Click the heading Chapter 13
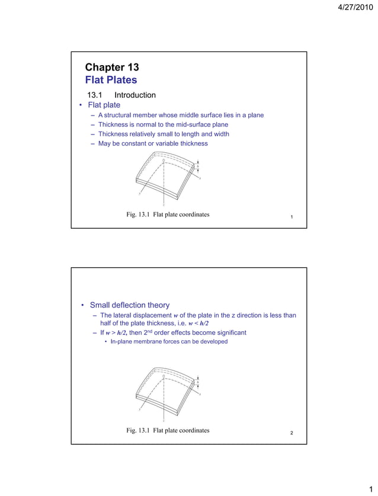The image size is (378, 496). point(112,67)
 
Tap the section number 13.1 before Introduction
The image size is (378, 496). point(95,95)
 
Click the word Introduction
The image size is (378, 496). point(135,95)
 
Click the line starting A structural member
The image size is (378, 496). point(181,115)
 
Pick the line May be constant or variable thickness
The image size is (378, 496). point(153,143)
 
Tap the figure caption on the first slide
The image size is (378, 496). point(168,215)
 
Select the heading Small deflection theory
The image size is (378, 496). point(129,306)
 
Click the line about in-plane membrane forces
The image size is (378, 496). point(169,342)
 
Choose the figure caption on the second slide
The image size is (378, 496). point(168,430)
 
